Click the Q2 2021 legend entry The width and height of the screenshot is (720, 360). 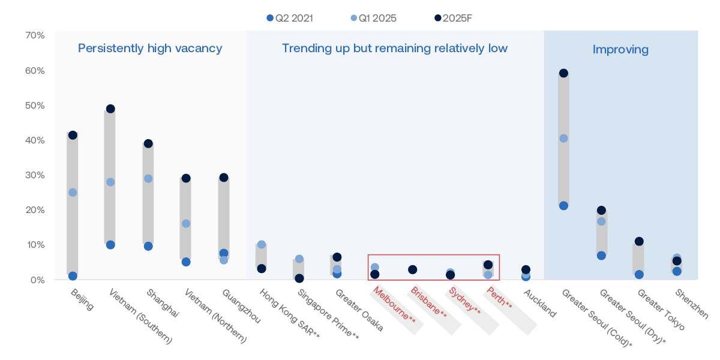290,18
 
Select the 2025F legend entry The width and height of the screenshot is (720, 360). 455,18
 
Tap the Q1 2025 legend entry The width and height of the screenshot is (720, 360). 374,18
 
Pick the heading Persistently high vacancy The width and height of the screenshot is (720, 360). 150,48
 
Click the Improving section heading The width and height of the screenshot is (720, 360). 620,49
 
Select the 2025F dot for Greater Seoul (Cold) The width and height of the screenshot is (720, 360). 563,73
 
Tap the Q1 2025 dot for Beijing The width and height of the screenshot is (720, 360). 73,193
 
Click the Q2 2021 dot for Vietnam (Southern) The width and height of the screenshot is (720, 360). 110,245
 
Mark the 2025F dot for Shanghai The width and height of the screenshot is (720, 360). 148,143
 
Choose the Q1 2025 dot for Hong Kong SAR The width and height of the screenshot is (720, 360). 262,244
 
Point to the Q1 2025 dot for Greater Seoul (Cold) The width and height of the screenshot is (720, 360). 563,139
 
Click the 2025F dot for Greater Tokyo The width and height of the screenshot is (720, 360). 639,241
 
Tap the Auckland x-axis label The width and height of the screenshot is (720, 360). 540,304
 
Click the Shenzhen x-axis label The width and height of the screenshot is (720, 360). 692,304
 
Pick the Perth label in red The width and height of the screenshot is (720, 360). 500,299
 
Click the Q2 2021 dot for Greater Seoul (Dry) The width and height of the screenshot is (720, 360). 601,256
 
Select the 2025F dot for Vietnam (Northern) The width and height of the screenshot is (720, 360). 186,178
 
